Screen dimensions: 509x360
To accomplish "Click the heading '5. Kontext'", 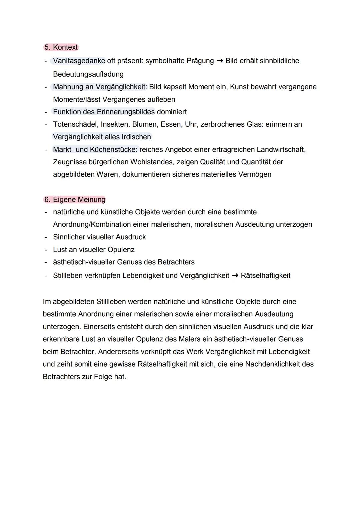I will (61, 47).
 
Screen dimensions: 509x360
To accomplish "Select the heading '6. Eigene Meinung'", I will (75, 200).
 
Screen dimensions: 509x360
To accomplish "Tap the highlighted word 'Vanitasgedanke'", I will (79, 61).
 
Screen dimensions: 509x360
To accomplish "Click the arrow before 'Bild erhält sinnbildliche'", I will (220, 61).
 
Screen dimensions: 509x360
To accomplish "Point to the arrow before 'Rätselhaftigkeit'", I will (235, 276).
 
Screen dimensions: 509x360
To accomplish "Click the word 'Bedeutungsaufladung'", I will (88, 74).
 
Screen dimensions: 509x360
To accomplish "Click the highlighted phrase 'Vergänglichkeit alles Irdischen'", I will (102, 137).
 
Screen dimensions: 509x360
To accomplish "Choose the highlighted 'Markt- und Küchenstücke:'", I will (95, 149).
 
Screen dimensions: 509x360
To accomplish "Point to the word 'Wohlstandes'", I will (151, 162).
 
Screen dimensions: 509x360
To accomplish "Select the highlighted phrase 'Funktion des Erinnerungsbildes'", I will (104, 112).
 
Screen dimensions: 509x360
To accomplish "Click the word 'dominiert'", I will (172, 112).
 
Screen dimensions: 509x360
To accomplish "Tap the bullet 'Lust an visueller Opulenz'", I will (94, 250).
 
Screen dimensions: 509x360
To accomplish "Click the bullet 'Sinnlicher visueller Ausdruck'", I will (99, 237).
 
